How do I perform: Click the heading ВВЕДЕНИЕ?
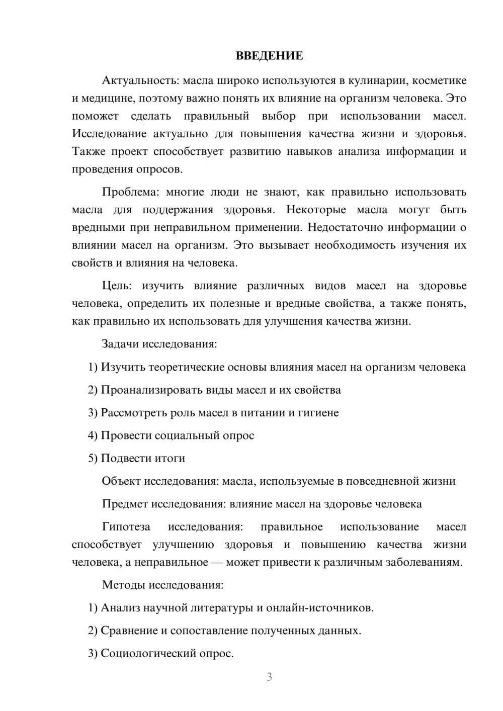coord(269,56)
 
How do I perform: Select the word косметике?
coord(439,80)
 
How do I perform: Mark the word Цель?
coord(117,286)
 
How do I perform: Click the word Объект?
coord(121,481)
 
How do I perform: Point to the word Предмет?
coord(125,504)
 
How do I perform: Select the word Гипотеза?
coord(126,527)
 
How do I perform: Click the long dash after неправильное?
coord(217,562)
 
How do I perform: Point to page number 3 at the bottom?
coord(269,677)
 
